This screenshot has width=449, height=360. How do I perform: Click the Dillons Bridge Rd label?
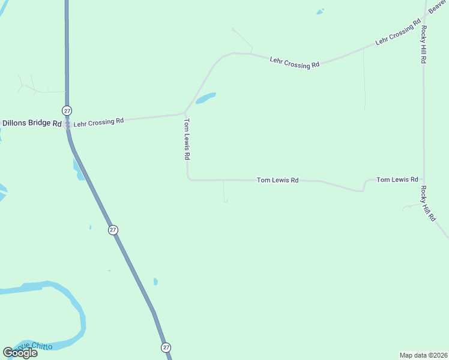click(x=32, y=124)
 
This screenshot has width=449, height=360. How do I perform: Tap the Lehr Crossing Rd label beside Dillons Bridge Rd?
click(x=98, y=122)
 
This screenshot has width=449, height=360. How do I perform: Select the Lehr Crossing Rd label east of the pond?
click(x=294, y=62)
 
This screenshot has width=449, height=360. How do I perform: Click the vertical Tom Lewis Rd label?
click(x=187, y=139)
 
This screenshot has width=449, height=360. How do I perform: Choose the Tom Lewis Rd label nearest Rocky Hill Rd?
click(x=397, y=179)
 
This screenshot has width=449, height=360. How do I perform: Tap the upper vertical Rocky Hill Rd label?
click(x=424, y=44)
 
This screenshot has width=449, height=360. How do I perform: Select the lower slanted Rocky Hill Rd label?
click(x=428, y=204)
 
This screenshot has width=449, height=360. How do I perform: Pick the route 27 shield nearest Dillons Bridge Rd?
click(x=67, y=110)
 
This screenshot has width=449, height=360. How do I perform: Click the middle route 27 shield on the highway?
click(x=113, y=230)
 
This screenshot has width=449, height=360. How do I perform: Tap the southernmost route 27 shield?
click(x=166, y=347)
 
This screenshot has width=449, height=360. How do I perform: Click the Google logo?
click(x=20, y=353)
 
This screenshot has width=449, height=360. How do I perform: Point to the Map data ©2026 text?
click(x=424, y=355)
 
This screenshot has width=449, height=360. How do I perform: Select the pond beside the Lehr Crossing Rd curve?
click(x=206, y=98)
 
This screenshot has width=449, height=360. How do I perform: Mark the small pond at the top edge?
click(x=320, y=11)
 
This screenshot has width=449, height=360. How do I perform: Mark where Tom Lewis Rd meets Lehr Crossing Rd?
click(x=185, y=113)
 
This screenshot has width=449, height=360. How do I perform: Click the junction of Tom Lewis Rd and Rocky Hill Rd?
click(x=424, y=179)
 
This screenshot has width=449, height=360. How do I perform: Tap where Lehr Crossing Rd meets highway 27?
click(x=67, y=124)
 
